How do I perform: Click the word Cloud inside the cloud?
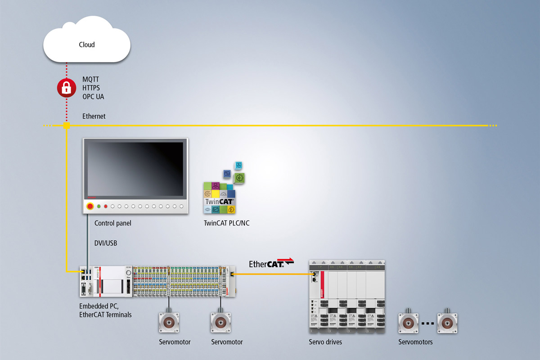click(x=87, y=45)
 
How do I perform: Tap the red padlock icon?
click(x=67, y=88)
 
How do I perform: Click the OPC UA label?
click(x=94, y=96)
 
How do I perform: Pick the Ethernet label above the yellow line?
click(x=94, y=116)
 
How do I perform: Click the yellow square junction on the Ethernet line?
click(x=67, y=126)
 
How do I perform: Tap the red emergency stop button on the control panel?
click(x=90, y=206)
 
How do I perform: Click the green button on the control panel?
click(x=99, y=206)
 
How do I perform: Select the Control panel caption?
click(x=113, y=223)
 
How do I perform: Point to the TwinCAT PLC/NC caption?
click(x=227, y=223)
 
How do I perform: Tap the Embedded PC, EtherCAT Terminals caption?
click(x=105, y=310)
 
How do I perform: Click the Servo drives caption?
click(x=325, y=342)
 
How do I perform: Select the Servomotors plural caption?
click(x=415, y=342)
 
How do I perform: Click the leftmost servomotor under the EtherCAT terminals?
click(x=169, y=323)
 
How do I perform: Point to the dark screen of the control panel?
click(x=135, y=168)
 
